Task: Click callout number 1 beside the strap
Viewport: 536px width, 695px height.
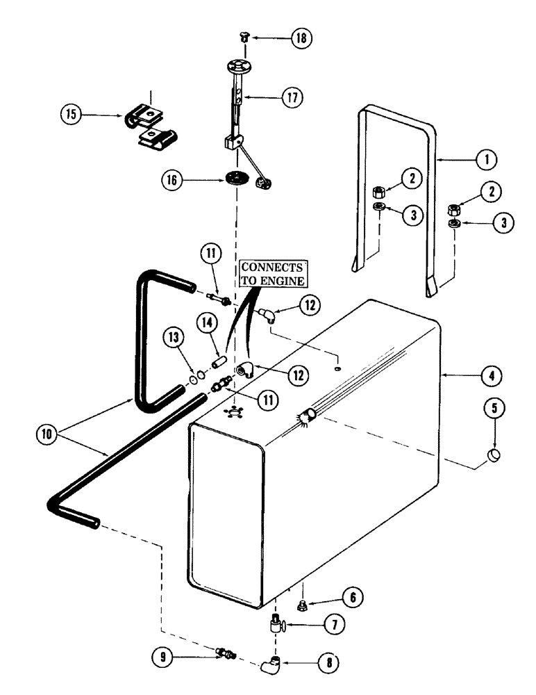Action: [x=487, y=159]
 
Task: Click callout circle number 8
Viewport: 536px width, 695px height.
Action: [x=330, y=662]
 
